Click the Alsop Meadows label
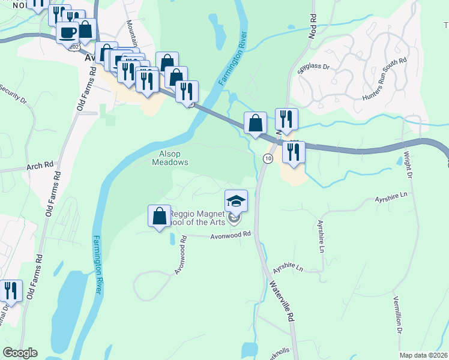point(170,158)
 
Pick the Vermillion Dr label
point(397,315)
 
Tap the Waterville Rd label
point(281,300)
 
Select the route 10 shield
point(268,158)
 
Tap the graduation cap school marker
point(237,201)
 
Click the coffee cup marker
point(67,32)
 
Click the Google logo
point(20,353)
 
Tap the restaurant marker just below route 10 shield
point(293,152)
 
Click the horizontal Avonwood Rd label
point(230,236)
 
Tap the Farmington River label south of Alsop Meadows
point(97,264)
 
